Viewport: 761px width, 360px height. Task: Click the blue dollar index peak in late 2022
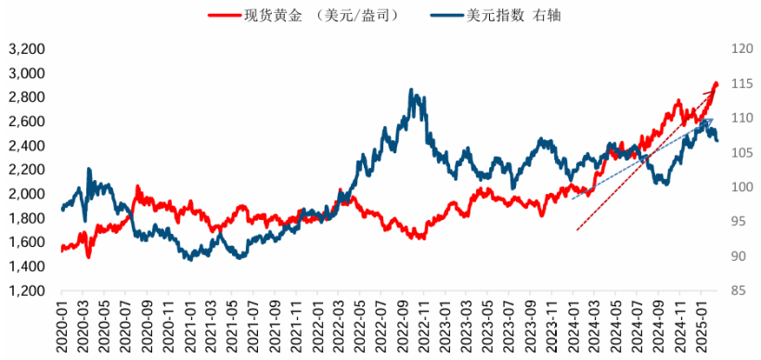click(412, 92)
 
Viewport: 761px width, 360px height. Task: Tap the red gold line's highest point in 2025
click(716, 84)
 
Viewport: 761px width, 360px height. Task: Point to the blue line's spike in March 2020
click(89, 170)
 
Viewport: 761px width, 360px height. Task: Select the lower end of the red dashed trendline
click(577, 230)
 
